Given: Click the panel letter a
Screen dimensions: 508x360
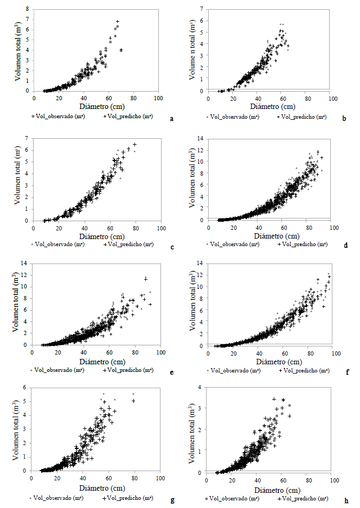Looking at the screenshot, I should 172,118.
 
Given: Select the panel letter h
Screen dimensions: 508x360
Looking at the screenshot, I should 345,498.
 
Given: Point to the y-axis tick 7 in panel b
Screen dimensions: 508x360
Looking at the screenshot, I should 202,9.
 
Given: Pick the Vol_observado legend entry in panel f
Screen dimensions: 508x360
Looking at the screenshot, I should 234,370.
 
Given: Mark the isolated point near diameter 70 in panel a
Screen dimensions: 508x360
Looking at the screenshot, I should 121,50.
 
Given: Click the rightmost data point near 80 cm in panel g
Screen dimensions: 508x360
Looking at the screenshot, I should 133,401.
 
